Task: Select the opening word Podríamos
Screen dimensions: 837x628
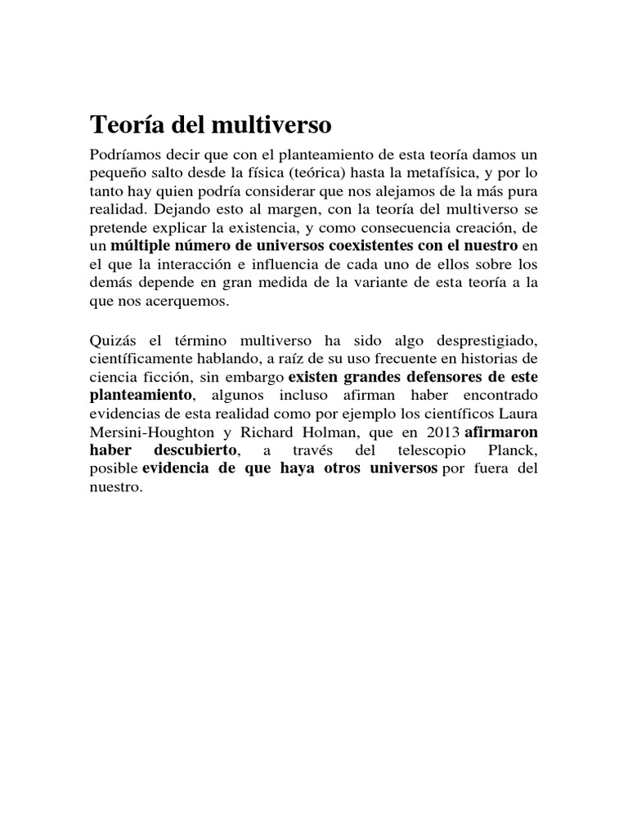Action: tap(123, 155)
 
